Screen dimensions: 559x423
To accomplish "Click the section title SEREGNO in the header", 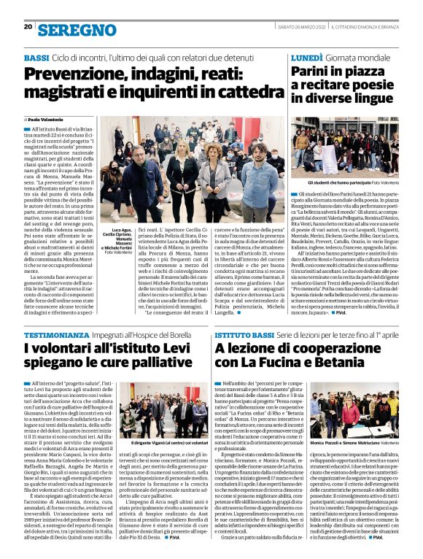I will (x=77, y=29).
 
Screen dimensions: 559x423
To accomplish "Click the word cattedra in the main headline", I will (x=235, y=93).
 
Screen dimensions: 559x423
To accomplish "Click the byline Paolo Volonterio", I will (x=47, y=119).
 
